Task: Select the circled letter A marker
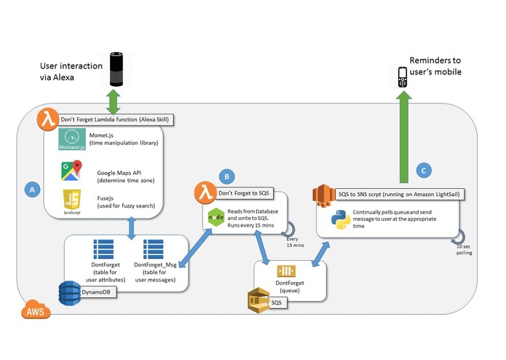(32, 189)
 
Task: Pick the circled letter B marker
(228, 176)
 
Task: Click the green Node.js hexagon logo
(217, 216)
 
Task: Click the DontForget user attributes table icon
(100, 249)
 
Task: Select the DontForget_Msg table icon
(154, 249)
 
